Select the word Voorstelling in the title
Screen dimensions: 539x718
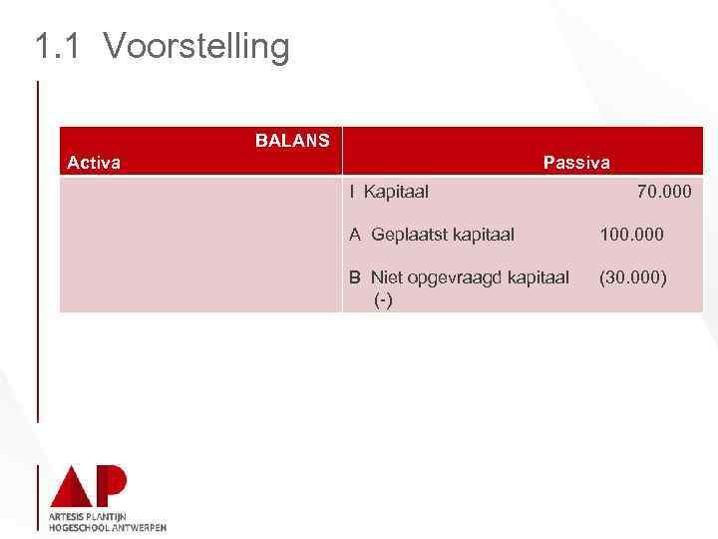point(195,46)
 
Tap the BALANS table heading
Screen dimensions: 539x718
point(292,141)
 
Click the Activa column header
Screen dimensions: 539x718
point(94,163)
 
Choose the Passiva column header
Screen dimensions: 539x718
point(576,163)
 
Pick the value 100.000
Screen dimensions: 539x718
point(631,235)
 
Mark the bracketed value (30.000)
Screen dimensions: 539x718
point(632,277)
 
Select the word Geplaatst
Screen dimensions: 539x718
point(409,236)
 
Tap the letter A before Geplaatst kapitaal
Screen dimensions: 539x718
point(355,235)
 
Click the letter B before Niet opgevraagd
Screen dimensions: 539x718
point(355,277)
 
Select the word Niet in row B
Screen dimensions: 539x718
point(386,277)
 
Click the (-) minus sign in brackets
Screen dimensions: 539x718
point(383,299)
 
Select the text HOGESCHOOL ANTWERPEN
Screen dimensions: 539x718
point(107,527)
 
